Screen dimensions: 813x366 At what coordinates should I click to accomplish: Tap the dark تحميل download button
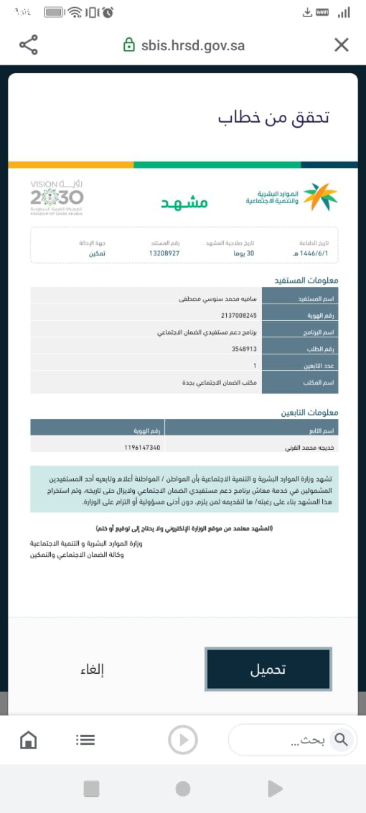[x=268, y=669]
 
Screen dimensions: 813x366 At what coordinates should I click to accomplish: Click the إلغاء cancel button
[x=92, y=669]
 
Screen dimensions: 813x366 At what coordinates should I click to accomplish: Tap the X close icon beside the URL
[x=342, y=45]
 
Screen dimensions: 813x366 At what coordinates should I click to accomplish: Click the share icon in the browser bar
[x=28, y=45]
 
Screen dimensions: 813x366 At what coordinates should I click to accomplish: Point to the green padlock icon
[x=129, y=45]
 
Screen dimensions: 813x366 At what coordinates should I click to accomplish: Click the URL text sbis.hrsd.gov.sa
[x=193, y=46]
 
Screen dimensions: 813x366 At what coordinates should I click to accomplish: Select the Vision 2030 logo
[x=56, y=197]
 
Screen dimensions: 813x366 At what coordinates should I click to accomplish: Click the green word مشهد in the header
[x=184, y=202]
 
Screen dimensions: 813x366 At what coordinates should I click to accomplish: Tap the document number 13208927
[x=164, y=253]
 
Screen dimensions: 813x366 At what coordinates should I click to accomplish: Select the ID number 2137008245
[x=238, y=316]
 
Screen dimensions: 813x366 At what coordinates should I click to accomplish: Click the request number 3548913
[x=244, y=349]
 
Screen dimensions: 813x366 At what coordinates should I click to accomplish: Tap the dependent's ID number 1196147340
[x=142, y=448]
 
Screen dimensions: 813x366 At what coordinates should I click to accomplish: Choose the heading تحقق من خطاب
[x=273, y=117]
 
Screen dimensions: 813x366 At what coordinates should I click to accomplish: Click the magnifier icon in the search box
[x=341, y=740]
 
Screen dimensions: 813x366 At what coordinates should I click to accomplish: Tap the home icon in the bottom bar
[x=28, y=740]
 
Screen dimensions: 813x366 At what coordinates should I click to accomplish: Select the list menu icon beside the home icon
[x=85, y=740]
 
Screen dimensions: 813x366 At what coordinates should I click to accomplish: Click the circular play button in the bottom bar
[x=182, y=740]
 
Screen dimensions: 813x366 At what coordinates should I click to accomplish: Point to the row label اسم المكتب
[x=318, y=383]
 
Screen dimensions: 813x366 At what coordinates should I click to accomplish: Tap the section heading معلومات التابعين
[x=309, y=412]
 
